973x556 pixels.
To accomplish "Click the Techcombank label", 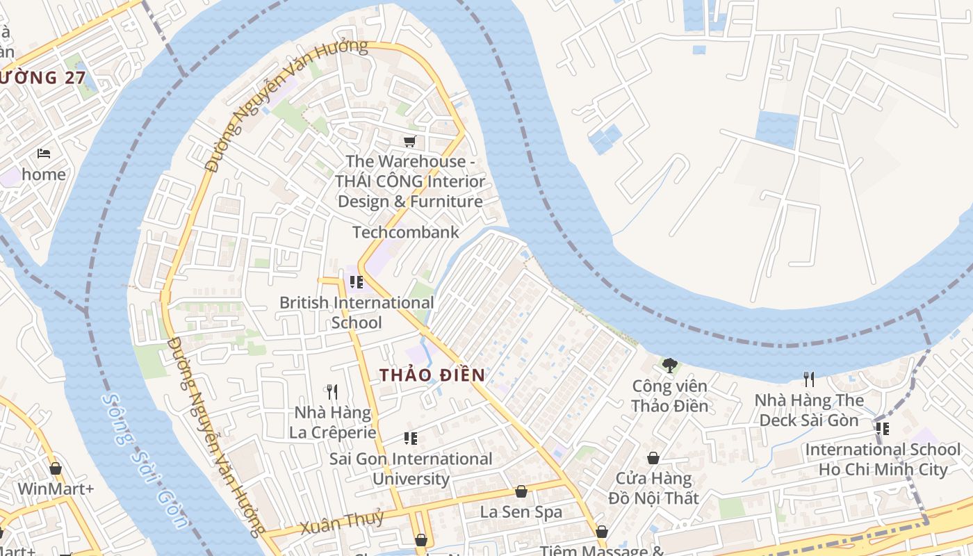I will click(406, 232).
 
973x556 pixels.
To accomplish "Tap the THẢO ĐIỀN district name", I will click(432, 375).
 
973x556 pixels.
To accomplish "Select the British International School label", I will click(357, 313).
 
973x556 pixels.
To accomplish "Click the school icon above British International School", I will click(357, 281).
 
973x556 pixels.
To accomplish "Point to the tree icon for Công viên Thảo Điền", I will click(670, 365).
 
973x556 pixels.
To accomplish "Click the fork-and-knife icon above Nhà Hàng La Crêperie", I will click(332, 392).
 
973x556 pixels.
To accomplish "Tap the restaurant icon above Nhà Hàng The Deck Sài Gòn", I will click(809, 379).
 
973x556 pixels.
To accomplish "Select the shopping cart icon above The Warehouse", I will click(410, 141).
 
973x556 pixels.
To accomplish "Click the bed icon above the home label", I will click(44, 153).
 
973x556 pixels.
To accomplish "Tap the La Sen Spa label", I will click(521, 512).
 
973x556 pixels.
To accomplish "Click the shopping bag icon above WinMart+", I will click(56, 468).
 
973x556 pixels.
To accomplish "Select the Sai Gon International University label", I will click(411, 468).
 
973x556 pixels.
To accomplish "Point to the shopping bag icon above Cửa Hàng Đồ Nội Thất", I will click(653, 458).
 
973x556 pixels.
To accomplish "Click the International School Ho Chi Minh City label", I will click(883, 459).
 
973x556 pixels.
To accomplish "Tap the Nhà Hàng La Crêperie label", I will click(332, 423).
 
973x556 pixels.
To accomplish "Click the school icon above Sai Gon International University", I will click(411, 438).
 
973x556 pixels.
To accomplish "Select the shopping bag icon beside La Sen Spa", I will click(521, 491).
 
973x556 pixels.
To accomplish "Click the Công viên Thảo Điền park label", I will click(670, 396).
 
